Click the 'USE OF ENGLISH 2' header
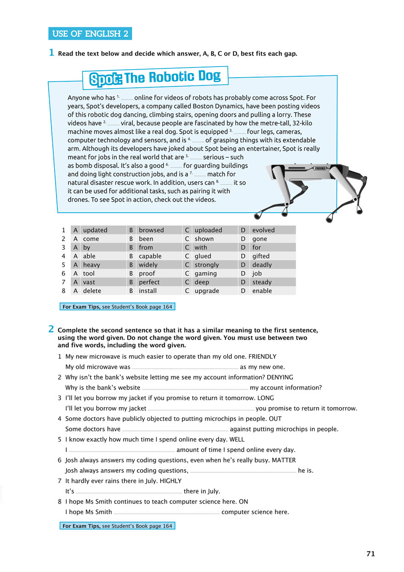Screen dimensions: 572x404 [x=90, y=34]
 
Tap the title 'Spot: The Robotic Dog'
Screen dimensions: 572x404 [x=155, y=78]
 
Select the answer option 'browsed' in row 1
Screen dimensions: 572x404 [x=151, y=230]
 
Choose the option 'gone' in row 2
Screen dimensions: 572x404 [x=259, y=239]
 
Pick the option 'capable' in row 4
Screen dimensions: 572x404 [x=150, y=256]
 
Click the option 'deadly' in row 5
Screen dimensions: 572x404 [x=262, y=265]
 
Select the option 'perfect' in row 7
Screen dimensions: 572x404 [x=149, y=283]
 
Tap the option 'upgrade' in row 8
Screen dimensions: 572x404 [x=207, y=291]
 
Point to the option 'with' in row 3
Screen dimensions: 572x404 [x=201, y=248]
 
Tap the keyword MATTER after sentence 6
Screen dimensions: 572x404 [x=284, y=460]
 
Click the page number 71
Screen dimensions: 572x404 [x=370, y=554]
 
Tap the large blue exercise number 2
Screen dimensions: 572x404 [x=51, y=329]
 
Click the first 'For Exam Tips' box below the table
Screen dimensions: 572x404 [x=118, y=307]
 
